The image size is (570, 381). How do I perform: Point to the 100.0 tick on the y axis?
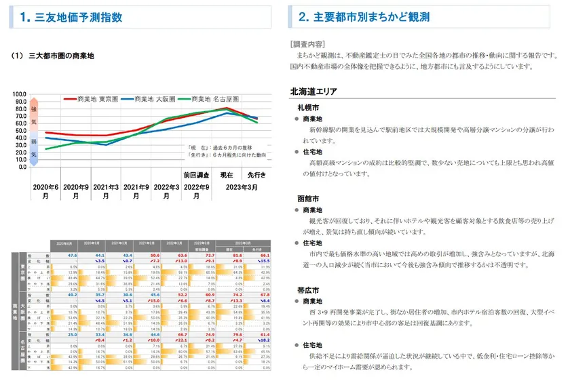pyautogui.click(x=20, y=95)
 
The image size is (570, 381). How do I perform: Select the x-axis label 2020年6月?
pyautogui.click(x=46, y=190)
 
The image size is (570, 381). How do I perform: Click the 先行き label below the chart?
pyautogui.click(x=256, y=175)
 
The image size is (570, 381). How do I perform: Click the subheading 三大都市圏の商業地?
pyautogui.click(x=61, y=56)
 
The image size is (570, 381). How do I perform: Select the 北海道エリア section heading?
pyautogui.click(x=314, y=91)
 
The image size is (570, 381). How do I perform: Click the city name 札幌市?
pyautogui.click(x=308, y=107)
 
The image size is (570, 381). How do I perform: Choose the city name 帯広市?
pyautogui.click(x=308, y=289)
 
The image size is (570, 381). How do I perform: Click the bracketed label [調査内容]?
pyautogui.click(x=306, y=43)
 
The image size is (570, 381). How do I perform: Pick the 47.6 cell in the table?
pyautogui.click(x=73, y=256)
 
